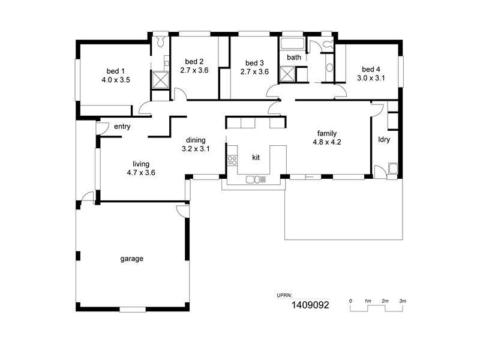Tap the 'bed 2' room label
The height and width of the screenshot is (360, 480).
[x=194, y=62]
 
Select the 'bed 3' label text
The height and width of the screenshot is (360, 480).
[x=254, y=63]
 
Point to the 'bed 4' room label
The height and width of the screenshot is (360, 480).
[x=370, y=68]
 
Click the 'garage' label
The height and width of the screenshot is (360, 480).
[x=131, y=259]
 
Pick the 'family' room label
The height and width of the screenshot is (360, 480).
[x=326, y=133]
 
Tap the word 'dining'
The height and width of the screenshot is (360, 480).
[x=196, y=140]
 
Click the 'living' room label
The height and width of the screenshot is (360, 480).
[x=141, y=164]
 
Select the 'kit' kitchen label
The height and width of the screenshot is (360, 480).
[x=256, y=157]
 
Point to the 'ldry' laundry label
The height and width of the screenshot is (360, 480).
[x=384, y=140]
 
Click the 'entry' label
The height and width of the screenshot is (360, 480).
[x=122, y=127]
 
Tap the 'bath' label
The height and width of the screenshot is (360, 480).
[x=293, y=58]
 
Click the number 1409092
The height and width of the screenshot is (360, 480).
[x=310, y=305]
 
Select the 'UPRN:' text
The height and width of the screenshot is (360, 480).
[x=284, y=295]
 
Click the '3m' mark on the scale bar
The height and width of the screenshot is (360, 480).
[x=403, y=300]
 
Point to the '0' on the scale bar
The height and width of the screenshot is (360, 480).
[x=351, y=300]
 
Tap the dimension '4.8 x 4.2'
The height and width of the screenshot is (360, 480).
[x=326, y=142]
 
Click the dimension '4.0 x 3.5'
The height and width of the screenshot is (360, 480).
[x=116, y=79]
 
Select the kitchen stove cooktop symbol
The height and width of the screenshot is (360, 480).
[x=232, y=160]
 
